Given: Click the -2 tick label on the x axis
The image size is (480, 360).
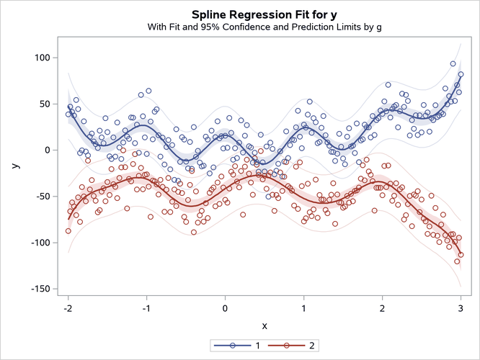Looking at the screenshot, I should pos(67,308).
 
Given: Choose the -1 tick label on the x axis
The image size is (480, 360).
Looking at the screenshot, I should pos(146,308).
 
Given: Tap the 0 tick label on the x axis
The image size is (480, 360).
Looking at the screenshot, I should pos(225,308).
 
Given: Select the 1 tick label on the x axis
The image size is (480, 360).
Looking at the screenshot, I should pos(303,308).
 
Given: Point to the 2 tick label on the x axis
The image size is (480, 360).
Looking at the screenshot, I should pos(382,308).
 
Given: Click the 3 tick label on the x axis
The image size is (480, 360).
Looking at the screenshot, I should pos(461,308).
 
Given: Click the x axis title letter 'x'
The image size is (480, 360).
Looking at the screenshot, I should pos(264,325).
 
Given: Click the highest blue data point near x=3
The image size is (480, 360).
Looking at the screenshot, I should pos(453,63).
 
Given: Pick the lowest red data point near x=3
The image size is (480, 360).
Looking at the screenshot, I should pos(457,261).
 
